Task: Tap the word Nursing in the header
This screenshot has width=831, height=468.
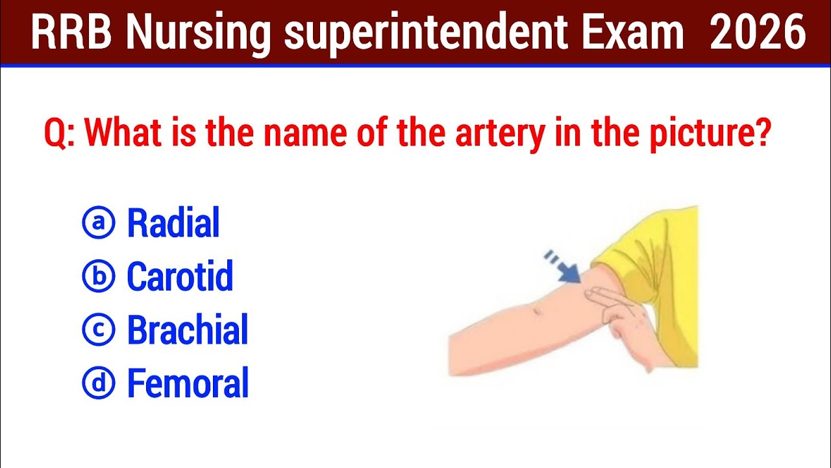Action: pyautogui.click(x=197, y=34)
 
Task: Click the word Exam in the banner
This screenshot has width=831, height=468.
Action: pyautogui.click(x=632, y=33)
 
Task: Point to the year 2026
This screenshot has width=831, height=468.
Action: pyautogui.click(x=758, y=33)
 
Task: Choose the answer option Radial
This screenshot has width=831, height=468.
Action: pyautogui.click(x=173, y=223)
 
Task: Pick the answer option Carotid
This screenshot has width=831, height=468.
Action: pyautogui.click(x=180, y=276)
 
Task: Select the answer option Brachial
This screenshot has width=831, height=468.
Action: pyautogui.click(x=187, y=330)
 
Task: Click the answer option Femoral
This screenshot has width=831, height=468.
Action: pyautogui.click(x=188, y=383)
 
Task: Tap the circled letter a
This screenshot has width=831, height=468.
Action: pyautogui.click(x=99, y=223)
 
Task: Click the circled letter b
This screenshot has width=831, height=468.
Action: pyautogui.click(x=99, y=276)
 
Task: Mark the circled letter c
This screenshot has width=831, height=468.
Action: pyautogui.click(x=99, y=330)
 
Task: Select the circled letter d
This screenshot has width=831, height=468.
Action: pyautogui.click(x=99, y=383)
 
